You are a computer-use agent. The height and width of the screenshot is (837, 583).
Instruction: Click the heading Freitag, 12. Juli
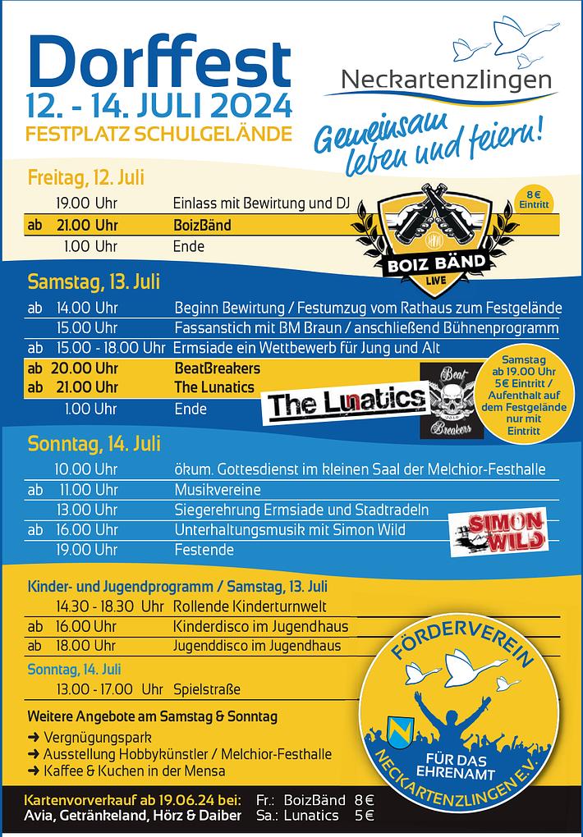point(86,178)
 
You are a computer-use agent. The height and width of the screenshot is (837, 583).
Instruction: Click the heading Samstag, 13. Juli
point(94,282)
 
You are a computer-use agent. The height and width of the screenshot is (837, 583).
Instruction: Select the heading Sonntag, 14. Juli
point(94,444)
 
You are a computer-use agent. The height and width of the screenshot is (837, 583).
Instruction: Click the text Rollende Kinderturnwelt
point(250,606)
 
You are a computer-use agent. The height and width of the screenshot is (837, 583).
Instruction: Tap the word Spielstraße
point(207,689)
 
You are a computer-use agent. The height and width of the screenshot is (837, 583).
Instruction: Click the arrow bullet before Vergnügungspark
point(34,737)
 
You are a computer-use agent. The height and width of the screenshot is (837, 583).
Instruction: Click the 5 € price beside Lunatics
point(364,816)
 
